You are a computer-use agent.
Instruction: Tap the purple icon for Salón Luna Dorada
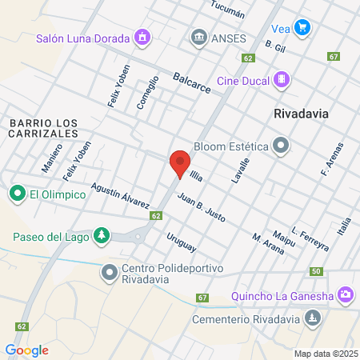[x=142, y=37]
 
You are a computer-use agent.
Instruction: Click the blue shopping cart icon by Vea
[x=302, y=27]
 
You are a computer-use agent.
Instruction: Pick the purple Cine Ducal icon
[x=282, y=79]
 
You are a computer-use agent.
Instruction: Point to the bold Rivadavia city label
[x=301, y=113]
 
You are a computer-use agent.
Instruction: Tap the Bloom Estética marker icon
[x=281, y=146]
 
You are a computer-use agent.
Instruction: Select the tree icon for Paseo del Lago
[x=101, y=235]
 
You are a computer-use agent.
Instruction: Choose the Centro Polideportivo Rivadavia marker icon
[x=110, y=273]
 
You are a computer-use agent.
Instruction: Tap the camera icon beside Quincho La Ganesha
[x=345, y=295]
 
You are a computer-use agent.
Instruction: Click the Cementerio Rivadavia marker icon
[x=313, y=319]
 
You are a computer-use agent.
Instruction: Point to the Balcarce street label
[x=191, y=83]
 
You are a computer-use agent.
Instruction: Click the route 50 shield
[x=317, y=272]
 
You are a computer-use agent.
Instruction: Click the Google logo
[x=26, y=350]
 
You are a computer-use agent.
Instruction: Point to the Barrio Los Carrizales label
[x=44, y=128]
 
